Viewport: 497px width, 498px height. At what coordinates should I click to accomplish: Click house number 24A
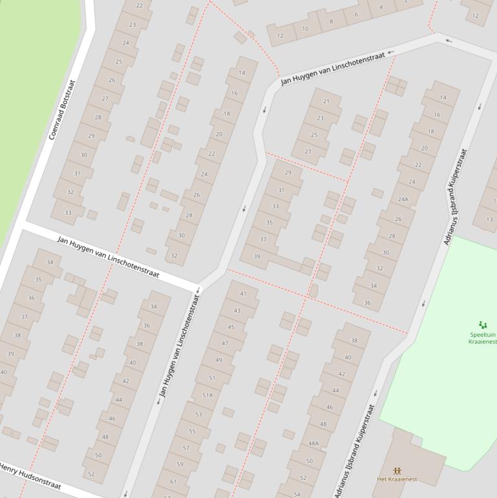(403, 199)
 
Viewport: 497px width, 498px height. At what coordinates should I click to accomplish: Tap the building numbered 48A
(313, 444)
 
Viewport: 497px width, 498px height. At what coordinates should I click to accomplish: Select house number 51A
(207, 395)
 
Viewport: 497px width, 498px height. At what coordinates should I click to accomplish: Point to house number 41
(243, 294)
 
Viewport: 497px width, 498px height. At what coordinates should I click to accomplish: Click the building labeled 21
(326, 102)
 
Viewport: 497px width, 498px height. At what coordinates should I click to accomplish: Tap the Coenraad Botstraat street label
(62, 111)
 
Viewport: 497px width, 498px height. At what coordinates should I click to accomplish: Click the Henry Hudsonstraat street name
(30, 476)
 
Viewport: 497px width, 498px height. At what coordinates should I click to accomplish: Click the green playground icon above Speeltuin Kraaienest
(482, 325)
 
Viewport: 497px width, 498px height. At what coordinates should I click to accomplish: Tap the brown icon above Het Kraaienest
(397, 471)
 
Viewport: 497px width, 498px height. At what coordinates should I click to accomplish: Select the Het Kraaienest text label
(397, 479)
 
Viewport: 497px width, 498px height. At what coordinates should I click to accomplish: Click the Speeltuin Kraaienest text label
(483, 338)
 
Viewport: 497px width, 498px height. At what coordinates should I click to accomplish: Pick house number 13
(489, 219)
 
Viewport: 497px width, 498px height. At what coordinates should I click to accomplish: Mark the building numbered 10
(305, 28)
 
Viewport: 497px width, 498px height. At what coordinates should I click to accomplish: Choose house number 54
(297, 494)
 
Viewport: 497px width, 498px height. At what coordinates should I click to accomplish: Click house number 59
(180, 464)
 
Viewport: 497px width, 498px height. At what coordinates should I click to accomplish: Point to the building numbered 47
(225, 343)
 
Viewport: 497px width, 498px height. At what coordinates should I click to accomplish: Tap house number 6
(356, 14)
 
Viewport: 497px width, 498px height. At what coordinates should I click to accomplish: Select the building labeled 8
(332, 21)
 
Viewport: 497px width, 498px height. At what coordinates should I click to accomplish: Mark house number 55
(192, 431)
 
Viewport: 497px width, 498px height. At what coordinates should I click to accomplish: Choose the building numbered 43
(237, 310)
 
